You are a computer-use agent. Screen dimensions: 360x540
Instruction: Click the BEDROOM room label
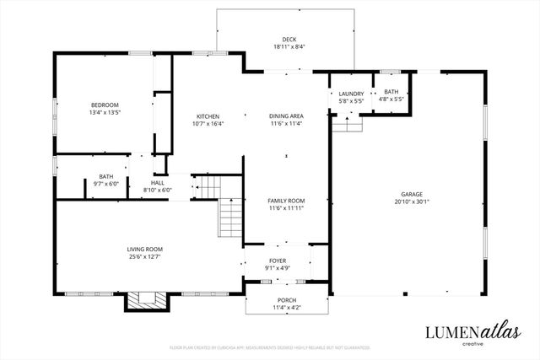click(x=105, y=105)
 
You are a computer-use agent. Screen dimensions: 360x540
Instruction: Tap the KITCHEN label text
click(x=209, y=116)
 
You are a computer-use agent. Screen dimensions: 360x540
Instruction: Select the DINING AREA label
click(x=285, y=116)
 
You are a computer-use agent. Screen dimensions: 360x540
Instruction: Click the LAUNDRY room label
click(x=351, y=93)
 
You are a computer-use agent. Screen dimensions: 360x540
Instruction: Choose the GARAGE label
click(x=412, y=195)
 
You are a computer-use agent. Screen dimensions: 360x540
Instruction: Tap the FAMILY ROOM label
click(x=285, y=201)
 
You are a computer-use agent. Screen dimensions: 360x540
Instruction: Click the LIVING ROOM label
click(x=144, y=249)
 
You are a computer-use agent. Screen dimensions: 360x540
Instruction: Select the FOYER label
click(x=278, y=261)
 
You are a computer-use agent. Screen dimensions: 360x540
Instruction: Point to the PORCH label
click(x=287, y=300)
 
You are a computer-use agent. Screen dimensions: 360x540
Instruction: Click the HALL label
click(x=158, y=183)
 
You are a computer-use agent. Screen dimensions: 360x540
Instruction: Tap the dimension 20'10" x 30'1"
click(x=412, y=202)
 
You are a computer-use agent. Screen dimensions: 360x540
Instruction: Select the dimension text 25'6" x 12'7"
click(x=144, y=256)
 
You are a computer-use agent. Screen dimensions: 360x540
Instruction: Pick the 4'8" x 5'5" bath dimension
click(x=391, y=99)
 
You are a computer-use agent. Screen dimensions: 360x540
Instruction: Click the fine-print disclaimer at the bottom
click(x=269, y=347)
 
